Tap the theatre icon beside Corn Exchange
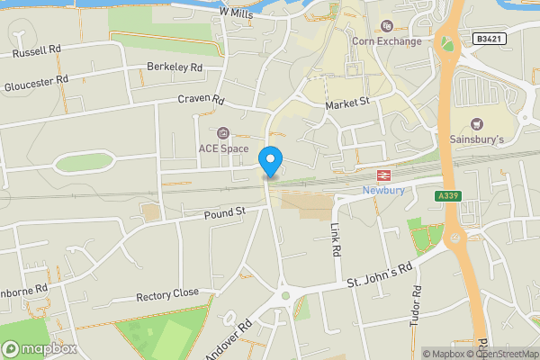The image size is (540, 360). [388, 25]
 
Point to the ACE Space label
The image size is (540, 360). [223, 148]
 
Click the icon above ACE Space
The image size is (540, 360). [223, 132]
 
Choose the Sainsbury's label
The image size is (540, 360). [477, 139]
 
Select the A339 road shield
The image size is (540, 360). [447, 196]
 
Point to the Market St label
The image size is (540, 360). [347, 105]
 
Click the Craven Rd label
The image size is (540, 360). [200, 98]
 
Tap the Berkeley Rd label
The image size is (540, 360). [175, 67]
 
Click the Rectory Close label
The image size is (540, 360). [167, 294]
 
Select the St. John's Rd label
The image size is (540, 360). [380, 277]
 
